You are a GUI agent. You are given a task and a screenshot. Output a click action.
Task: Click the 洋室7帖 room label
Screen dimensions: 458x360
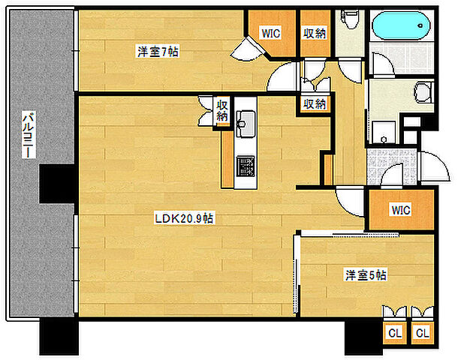pos(158,52)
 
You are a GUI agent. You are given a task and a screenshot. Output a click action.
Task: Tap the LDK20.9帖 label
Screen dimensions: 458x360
pos(184,218)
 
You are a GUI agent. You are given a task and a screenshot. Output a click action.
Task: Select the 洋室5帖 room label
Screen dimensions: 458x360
pos(366,275)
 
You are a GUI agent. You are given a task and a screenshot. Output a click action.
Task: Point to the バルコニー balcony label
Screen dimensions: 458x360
pos(29,134)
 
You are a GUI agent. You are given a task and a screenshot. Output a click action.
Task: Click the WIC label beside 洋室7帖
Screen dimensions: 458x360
pos(271,33)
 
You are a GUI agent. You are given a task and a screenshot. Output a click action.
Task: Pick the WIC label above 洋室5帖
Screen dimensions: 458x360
pos(401,210)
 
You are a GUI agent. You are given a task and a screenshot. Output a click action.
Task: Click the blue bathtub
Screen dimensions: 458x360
pos(401,25)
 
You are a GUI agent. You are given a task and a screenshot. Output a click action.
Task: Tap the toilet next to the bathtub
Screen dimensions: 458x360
pos(349,19)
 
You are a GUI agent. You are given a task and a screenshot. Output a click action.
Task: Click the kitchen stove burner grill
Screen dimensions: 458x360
pos(246,166)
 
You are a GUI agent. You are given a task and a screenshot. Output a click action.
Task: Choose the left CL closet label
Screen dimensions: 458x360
pos(395,332)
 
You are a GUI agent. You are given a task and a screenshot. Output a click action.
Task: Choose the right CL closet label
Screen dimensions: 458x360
pos(423,332)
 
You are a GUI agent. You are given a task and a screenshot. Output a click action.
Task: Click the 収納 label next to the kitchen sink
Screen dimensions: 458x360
pos(222,110)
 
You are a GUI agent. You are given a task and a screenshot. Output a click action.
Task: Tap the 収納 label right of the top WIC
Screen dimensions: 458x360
pos(315,34)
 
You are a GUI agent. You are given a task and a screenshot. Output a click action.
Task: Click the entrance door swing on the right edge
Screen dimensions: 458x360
pos(434,166)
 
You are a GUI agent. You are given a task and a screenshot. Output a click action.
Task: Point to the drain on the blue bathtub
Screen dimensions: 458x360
pos(420,25)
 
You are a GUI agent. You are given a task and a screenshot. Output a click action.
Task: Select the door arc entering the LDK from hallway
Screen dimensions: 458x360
pos(349,201)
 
